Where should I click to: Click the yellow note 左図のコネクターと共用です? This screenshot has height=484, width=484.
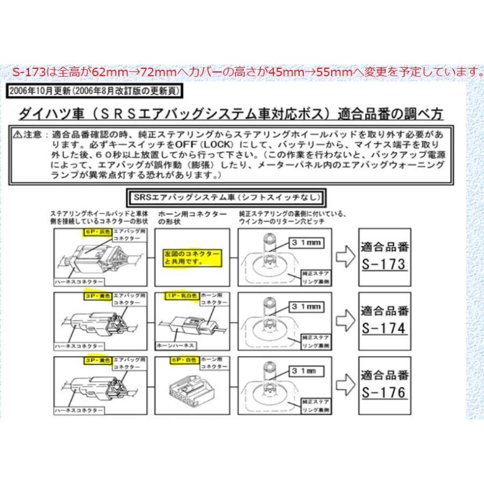pyautogui.click(x=184, y=258)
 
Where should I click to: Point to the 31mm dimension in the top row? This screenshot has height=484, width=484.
pyautogui.click(x=305, y=243)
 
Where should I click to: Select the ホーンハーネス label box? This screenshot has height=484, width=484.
pyautogui.click(x=175, y=345)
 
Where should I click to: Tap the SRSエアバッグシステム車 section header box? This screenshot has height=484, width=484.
pyautogui.click(x=225, y=198)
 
